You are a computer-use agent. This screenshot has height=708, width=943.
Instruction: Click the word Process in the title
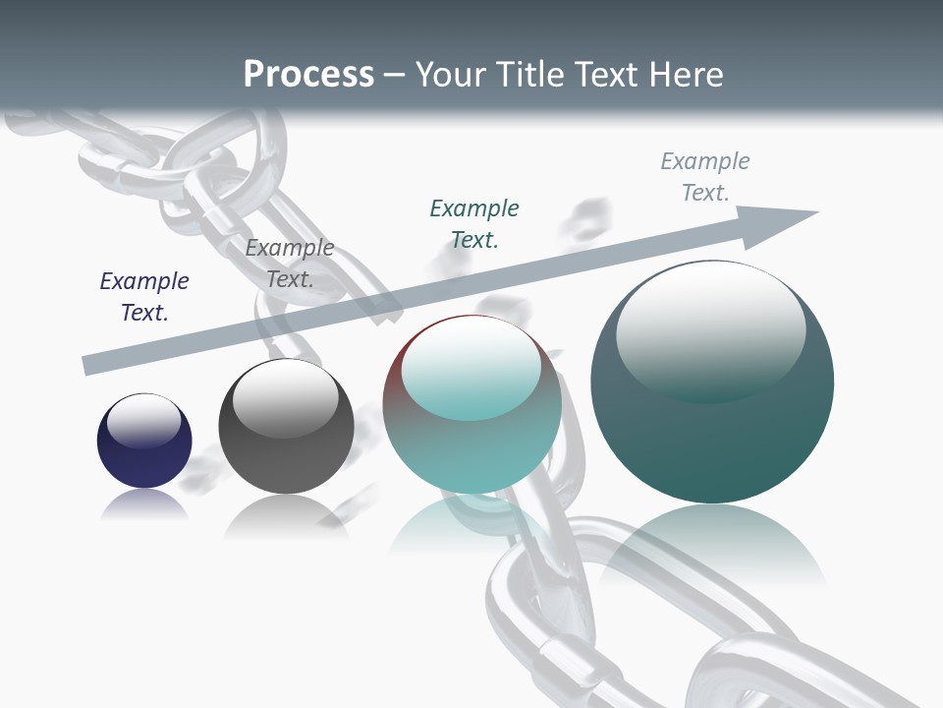pos(308,75)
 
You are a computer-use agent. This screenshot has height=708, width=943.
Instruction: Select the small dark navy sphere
pos(144,441)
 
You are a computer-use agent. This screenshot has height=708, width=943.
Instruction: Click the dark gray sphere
pos(286,427)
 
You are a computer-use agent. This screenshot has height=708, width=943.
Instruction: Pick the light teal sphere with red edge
pos(472,405)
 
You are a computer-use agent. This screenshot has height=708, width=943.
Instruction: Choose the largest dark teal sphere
pos(712,382)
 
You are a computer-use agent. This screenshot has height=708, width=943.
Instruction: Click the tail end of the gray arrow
pos(90,365)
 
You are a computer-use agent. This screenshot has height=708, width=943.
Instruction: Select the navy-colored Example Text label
pos(144,297)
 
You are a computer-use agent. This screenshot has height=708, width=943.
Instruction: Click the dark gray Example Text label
pos(290,264)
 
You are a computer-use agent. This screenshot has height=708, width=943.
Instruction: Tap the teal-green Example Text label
pos(474,223)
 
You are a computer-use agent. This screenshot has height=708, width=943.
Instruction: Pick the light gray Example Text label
pos(705,176)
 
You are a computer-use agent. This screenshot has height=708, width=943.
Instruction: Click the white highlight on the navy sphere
pos(144,420)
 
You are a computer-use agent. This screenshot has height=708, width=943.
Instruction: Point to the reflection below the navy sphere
pos(144,505)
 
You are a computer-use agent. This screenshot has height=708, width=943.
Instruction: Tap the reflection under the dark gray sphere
pos(286,516)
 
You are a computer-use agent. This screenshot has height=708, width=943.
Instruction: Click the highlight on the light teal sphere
pos(471,369)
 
